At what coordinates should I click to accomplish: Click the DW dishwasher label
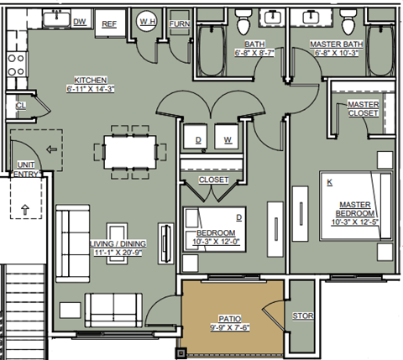(80, 22)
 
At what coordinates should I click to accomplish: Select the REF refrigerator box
(109, 24)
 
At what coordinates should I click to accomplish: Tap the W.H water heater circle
(147, 22)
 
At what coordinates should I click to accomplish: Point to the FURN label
(179, 24)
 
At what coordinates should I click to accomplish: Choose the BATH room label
(254, 44)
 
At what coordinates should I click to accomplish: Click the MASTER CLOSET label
(363, 109)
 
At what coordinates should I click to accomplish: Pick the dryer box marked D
(199, 139)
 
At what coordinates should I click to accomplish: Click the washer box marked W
(228, 139)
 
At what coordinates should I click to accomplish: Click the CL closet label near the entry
(19, 106)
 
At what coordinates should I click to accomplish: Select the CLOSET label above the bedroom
(212, 180)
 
